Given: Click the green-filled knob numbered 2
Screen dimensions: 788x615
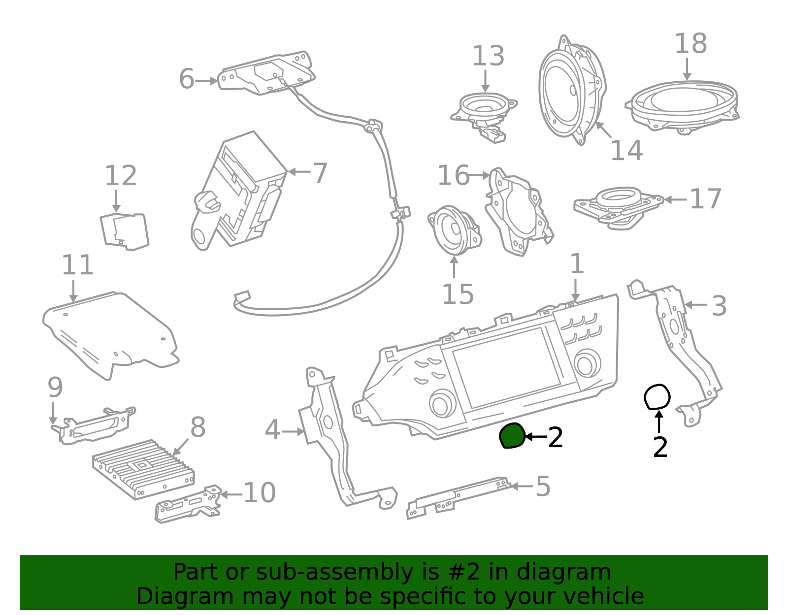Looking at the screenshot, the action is click(x=512, y=435).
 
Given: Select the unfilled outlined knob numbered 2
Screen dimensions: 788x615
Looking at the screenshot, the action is click(x=657, y=397).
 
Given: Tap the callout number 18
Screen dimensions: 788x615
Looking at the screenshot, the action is click(x=690, y=44).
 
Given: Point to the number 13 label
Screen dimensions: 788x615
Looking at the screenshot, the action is click(x=488, y=56).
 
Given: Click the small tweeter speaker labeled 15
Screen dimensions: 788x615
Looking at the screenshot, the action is click(x=455, y=231).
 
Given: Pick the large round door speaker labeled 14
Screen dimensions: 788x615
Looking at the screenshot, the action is click(x=572, y=90).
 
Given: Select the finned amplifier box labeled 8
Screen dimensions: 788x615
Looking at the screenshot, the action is click(x=143, y=469).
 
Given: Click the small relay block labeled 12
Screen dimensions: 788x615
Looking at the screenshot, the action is click(x=125, y=231).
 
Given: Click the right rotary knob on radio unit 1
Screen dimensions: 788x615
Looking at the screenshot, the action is click(x=587, y=363).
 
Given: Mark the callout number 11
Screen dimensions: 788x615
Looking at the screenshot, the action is click(x=78, y=265).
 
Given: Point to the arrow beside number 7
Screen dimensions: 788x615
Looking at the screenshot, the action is click(x=299, y=172).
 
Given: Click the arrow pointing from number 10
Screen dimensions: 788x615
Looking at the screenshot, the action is click(x=231, y=494).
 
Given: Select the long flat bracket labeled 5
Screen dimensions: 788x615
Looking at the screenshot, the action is click(x=459, y=498).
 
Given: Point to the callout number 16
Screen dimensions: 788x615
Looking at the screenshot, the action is click(x=453, y=175).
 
